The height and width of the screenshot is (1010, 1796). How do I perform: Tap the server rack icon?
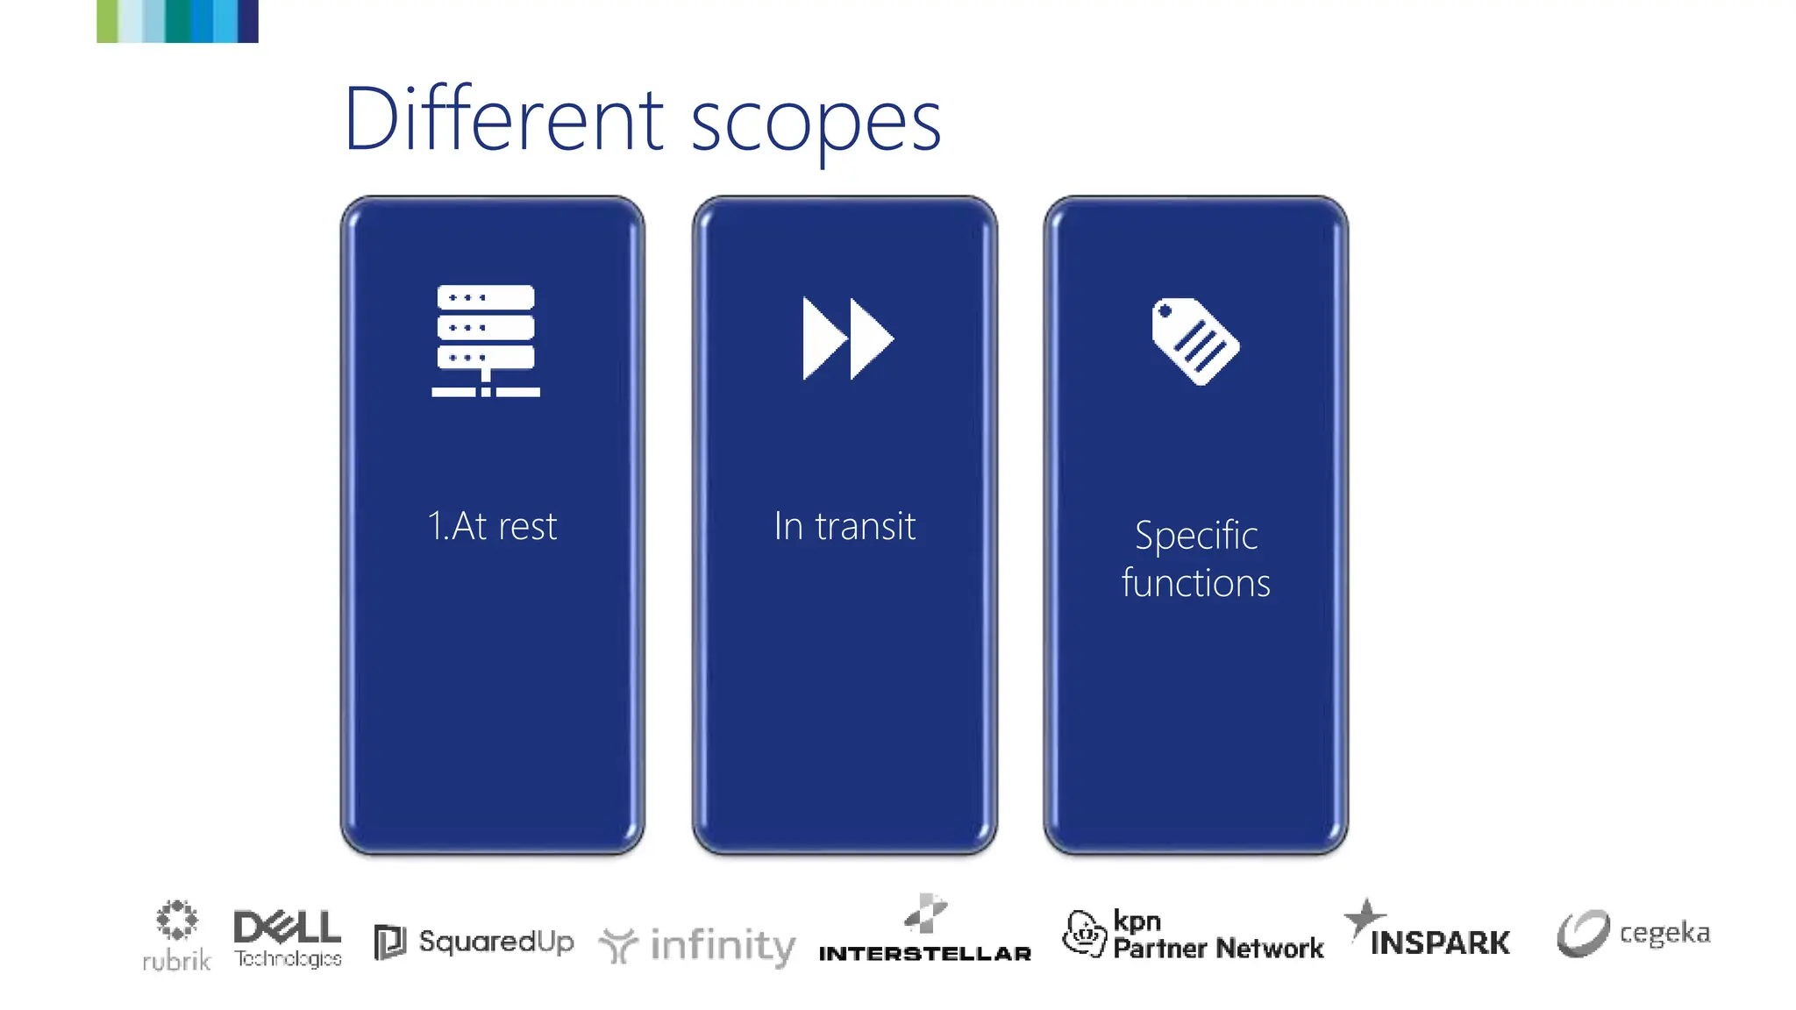pyautogui.click(x=485, y=340)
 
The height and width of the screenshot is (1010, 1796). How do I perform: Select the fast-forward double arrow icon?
pyautogui.click(x=846, y=338)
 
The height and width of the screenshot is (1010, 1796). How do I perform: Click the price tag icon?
pyautogui.click(x=1194, y=340)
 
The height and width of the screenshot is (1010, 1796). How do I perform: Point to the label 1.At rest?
pyautogui.click(x=492, y=526)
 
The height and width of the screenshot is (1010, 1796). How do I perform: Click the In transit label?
pyautogui.click(x=845, y=526)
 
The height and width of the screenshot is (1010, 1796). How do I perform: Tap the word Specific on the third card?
pyautogui.click(x=1196, y=535)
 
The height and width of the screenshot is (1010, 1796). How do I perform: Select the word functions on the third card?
pyautogui.click(x=1195, y=583)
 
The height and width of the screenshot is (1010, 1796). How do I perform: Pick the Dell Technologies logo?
pyautogui.click(x=288, y=937)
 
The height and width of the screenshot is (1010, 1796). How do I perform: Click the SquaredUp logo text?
pyautogui.click(x=496, y=942)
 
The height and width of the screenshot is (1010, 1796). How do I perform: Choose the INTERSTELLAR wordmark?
pyautogui.click(x=924, y=954)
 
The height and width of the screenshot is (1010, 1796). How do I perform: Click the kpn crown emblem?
pyautogui.click(x=1084, y=933)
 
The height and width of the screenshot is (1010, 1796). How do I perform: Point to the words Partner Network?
pyautogui.click(x=1218, y=948)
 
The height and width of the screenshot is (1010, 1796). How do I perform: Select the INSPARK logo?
pyautogui.click(x=1439, y=942)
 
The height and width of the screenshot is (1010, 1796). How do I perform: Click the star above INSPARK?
pyautogui.click(x=1363, y=917)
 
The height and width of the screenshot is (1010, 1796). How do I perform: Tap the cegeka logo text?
pyautogui.click(x=1664, y=933)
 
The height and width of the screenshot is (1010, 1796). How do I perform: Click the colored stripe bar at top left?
pyautogui.click(x=177, y=21)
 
